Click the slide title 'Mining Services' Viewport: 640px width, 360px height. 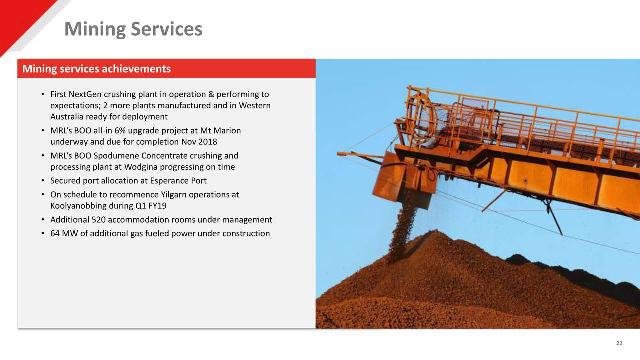tap(133, 29)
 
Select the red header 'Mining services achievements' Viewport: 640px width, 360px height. tap(95, 69)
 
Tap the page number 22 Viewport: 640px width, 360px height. tap(619, 343)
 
